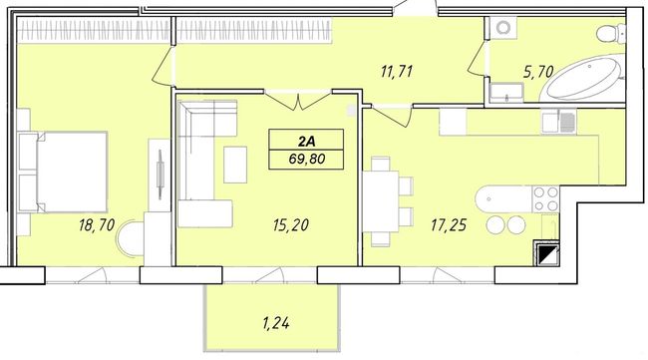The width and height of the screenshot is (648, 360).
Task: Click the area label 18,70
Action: pyautogui.click(x=97, y=224)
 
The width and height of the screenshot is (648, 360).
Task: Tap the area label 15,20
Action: pyautogui.click(x=290, y=224)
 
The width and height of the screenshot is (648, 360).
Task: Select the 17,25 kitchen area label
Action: pyautogui.click(x=449, y=225)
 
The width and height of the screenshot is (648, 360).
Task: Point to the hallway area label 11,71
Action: pyautogui.click(x=397, y=72)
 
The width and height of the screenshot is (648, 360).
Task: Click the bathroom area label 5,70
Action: pyautogui.click(x=538, y=72)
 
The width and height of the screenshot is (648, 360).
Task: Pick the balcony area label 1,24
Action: pyautogui.click(x=275, y=323)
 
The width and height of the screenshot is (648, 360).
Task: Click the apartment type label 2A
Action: pyautogui.click(x=307, y=142)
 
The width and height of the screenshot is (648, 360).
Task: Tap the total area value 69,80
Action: pyautogui.click(x=307, y=159)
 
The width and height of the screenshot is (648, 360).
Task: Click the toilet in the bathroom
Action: pyautogui.click(x=611, y=32)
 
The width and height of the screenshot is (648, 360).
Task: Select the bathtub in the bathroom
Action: pyautogui.click(x=583, y=79)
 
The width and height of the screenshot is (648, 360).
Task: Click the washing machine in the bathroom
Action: pyautogui.click(x=502, y=28)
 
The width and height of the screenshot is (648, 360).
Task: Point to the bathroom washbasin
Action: pyautogui.click(x=506, y=92)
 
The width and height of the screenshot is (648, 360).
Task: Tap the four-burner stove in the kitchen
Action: pyautogui.click(x=545, y=198)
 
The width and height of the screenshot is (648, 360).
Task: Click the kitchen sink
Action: pyautogui.click(x=558, y=122)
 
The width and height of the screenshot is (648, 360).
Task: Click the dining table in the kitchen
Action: pyautogui.click(x=380, y=200)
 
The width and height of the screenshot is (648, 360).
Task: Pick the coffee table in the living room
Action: pyautogui.click(x=235, y=165)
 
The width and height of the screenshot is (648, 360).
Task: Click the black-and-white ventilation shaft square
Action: pyautogui.click(x=546, y=253)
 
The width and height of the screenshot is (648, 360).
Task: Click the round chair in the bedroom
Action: pyautogui.click(x=131, y=238)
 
